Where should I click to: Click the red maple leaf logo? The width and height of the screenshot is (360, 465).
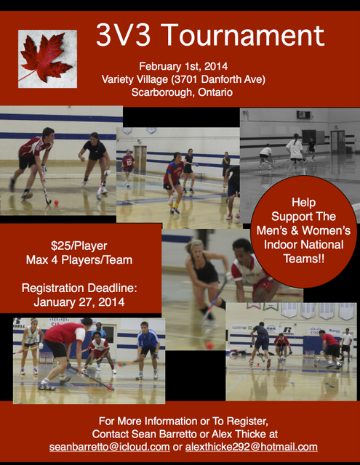tap(47, 58)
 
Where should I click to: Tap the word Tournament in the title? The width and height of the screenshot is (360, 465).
tap(244, 36)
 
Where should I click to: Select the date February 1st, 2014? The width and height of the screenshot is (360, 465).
tap(183, 66)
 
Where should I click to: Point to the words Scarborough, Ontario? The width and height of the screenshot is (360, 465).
tap(182, 92)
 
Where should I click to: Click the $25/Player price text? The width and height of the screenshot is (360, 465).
tap(79, 246)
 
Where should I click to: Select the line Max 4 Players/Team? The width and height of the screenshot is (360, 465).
tap(79, 260)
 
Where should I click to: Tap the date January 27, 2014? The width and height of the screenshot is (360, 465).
tap(79, 302)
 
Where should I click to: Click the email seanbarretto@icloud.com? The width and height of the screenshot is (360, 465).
tap(110, 447)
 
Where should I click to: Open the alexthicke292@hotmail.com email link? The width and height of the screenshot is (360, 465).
tap(252, 447)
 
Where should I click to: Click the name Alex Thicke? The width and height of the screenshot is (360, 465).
tap(239, 434)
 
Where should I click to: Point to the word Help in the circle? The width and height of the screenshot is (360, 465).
tap(303, 202)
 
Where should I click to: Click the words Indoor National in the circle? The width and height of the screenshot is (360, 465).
tap(303, 245)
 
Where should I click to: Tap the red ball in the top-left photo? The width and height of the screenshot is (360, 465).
tap(57, 202)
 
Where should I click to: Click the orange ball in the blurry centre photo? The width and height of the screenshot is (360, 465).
tap(209, 346)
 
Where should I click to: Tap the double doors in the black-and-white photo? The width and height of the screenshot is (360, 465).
tap(337, 142)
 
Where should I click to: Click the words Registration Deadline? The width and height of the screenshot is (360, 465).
tap(79, 288)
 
